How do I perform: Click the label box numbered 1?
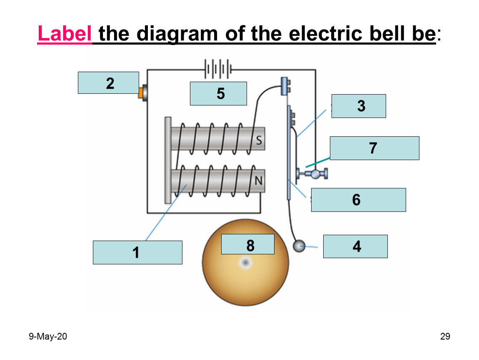137,252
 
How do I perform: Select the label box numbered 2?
108,83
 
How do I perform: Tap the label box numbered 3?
359,106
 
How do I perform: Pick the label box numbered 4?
355,246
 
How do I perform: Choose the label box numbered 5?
218,93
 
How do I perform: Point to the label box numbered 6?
359,200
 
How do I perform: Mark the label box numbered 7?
374,148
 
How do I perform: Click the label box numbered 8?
248,244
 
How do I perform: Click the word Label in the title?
65,33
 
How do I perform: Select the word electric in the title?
326,33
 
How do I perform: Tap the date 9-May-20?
48,337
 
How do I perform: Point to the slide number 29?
445,337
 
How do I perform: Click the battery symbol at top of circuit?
218,69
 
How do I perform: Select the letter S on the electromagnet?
259,140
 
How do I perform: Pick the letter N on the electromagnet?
258,181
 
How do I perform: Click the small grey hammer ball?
299,246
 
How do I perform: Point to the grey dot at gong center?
246,262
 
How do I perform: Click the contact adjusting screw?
312,174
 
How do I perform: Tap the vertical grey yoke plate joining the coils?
168,160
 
